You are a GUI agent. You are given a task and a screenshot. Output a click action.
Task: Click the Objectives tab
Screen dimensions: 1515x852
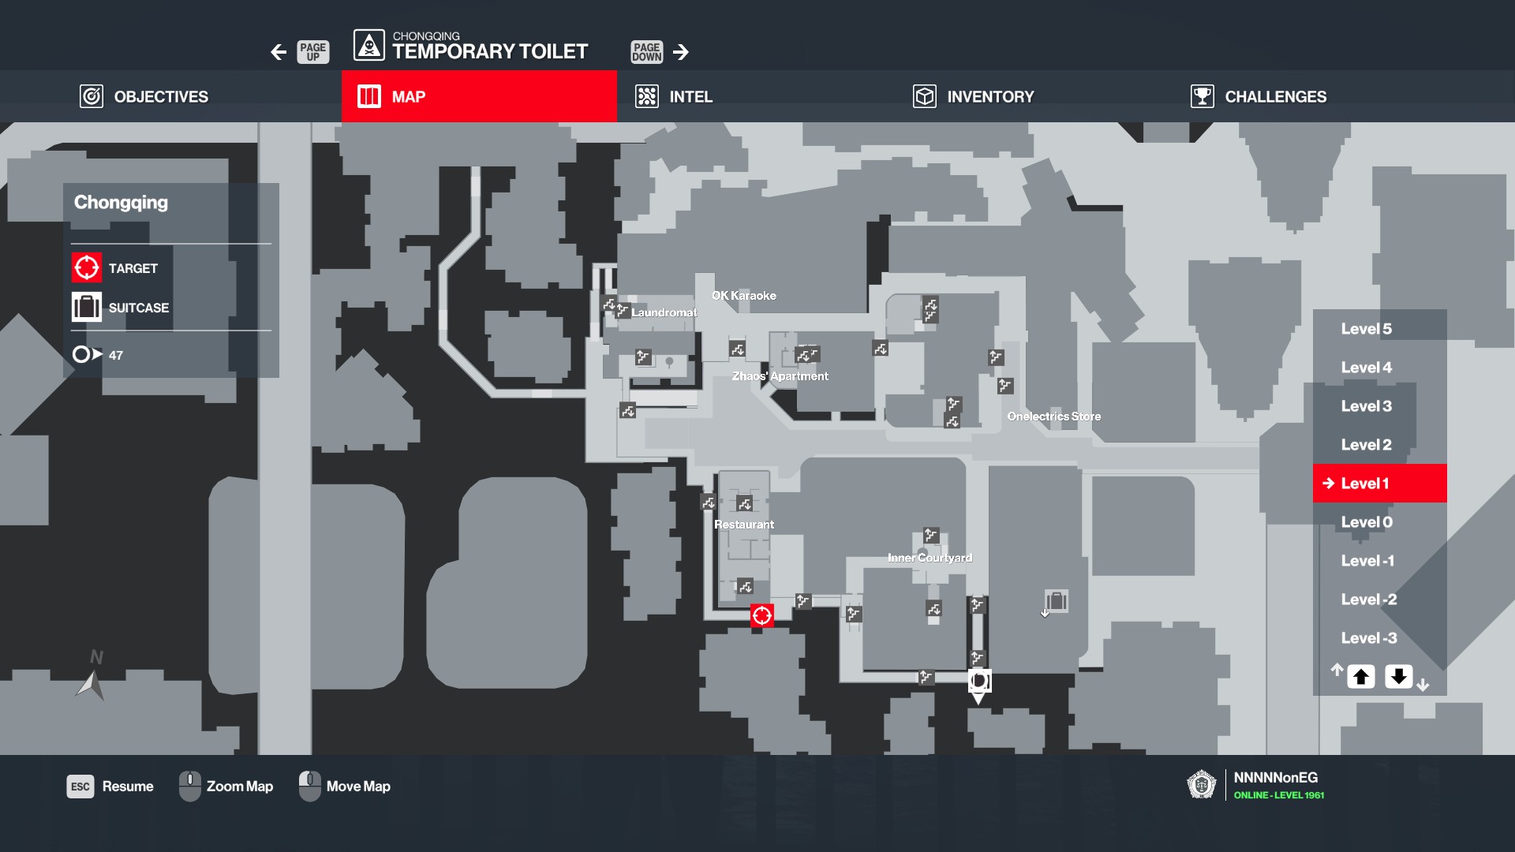click(144, 96)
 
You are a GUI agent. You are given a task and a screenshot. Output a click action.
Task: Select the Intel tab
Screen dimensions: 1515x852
click(674, 96)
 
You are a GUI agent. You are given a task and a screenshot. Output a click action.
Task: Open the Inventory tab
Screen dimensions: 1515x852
click(974, 96)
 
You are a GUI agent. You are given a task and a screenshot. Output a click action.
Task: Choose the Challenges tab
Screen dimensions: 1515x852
click(1259, 96)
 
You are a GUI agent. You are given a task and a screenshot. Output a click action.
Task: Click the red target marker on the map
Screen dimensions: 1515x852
click(761, 615)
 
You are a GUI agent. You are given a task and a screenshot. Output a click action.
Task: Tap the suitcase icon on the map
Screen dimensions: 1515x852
click(1057, 601)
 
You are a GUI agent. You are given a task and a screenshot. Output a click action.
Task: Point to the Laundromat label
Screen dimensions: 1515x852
click(664, 312)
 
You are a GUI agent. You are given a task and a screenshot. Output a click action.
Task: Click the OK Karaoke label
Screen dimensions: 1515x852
click(744, 296)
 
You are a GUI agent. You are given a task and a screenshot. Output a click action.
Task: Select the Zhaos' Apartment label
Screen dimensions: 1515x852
click(780, 376)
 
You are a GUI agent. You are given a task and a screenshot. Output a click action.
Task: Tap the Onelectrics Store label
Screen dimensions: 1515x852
click(1054, 417)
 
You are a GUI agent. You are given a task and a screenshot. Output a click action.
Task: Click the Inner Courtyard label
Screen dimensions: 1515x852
click(930, 558)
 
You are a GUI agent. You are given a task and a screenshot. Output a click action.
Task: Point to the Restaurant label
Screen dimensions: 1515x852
click(744, 525)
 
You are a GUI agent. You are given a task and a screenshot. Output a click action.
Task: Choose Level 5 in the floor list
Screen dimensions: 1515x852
click(1367, 329)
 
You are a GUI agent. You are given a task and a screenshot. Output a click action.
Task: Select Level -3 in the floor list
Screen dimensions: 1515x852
click(1369, 638)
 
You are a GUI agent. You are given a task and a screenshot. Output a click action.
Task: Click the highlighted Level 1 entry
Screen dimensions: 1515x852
click(1379, 483)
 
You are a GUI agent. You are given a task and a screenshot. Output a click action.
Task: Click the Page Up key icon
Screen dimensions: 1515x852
click(312, 52)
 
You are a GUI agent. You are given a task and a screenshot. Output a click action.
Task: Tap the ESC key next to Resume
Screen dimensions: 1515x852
click(80, 787)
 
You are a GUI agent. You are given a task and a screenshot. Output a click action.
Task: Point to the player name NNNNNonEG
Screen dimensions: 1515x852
click(1276, 778)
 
